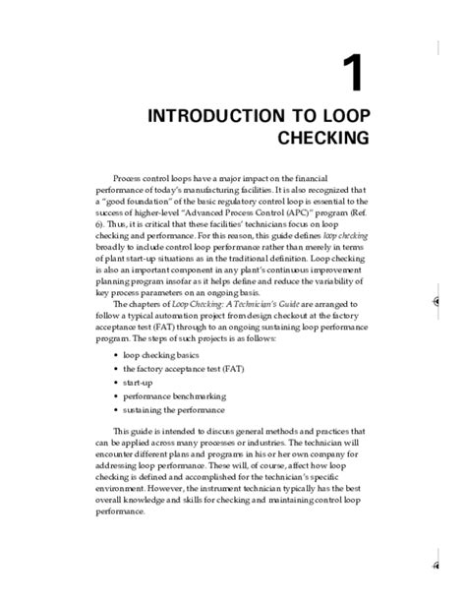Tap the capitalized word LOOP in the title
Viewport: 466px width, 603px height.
[x=341, y=116]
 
